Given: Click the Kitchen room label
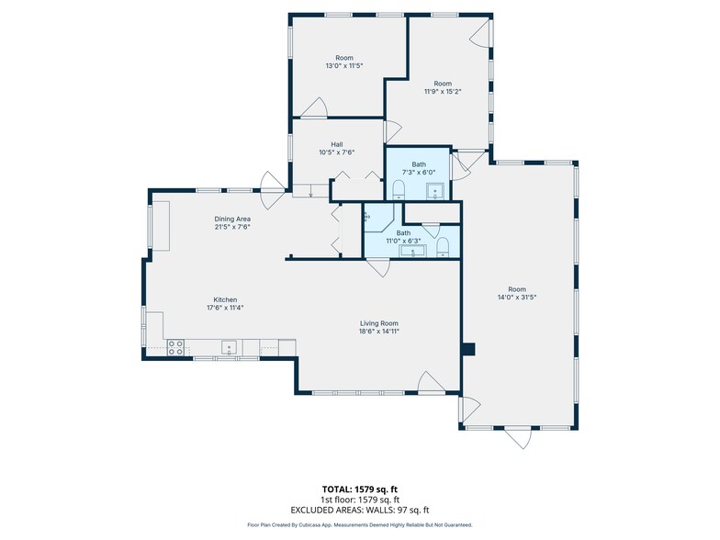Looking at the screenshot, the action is coord(225,299).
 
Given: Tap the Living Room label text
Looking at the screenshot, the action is coord(378,323).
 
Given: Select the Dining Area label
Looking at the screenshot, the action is coord(232,219).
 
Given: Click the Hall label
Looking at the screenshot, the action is coord(336,145).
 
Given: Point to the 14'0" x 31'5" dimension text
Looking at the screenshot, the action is coord(517,298).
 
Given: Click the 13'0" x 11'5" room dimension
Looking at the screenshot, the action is coord(344,66).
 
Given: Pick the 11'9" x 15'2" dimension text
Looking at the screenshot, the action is coord(443,92).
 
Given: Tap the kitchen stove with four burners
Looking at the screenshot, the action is coord(175,347).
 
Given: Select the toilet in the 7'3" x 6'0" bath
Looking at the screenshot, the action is coord(399,189).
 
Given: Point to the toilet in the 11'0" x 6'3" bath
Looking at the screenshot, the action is coord(443,247).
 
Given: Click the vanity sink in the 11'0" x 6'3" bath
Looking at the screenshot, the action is coord(413,251).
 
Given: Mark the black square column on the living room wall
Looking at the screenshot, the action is coord(468,349).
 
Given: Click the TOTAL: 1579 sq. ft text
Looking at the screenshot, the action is coord(356,489).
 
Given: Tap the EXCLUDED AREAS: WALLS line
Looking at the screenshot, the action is coord(360,510).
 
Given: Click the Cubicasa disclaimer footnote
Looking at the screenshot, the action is coord(360,525).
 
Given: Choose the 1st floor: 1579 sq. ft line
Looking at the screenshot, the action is coord(360,500).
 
